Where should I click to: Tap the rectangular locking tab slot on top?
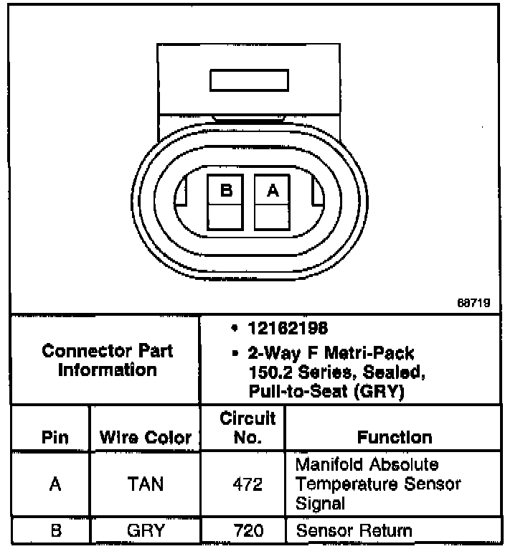click(249, 80)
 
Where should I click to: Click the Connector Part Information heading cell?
click(108, 360)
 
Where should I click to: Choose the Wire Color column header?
click(145, 437)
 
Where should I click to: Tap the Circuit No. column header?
click(247, 427)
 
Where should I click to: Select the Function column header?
click(395, 437)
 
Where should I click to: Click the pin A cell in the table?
click(55, 484)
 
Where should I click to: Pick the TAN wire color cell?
click(145, 484)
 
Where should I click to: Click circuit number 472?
click(247, 484)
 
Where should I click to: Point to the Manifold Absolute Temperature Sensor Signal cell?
click(378, 484)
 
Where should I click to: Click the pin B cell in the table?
click(55, 532)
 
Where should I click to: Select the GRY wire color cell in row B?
click(145, 532)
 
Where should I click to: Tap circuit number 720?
click(247, 532)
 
